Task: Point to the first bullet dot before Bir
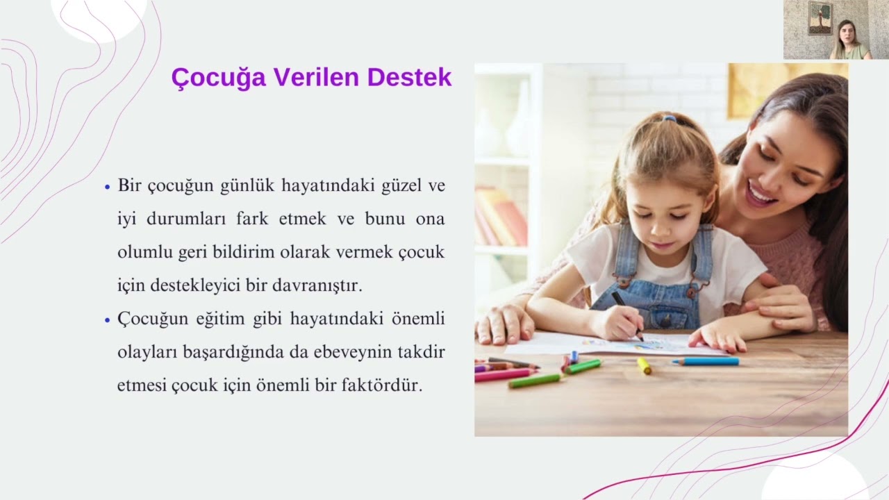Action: pos(107,187)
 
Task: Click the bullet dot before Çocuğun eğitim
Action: pos(107,320)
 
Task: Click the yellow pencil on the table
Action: pos(644,365)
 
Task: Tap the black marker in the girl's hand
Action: pos(627,315)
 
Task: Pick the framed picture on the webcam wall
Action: pos(820,18)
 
